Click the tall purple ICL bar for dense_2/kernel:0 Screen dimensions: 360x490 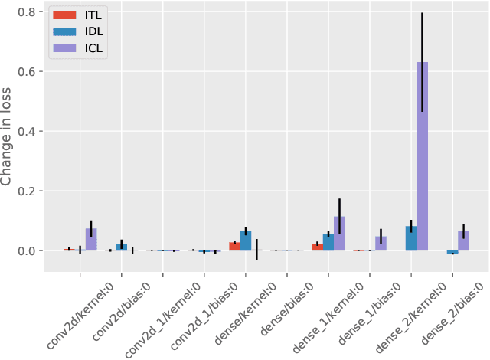[422, 156]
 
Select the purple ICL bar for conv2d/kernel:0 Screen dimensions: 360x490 [91, 240]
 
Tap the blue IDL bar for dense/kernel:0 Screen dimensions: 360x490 [246, 241]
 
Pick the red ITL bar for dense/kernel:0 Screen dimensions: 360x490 [234, 247]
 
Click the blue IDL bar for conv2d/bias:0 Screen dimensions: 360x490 [122, 247]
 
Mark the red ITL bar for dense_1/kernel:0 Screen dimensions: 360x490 [317, 247]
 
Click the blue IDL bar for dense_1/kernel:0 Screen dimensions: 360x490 [328, 242]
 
